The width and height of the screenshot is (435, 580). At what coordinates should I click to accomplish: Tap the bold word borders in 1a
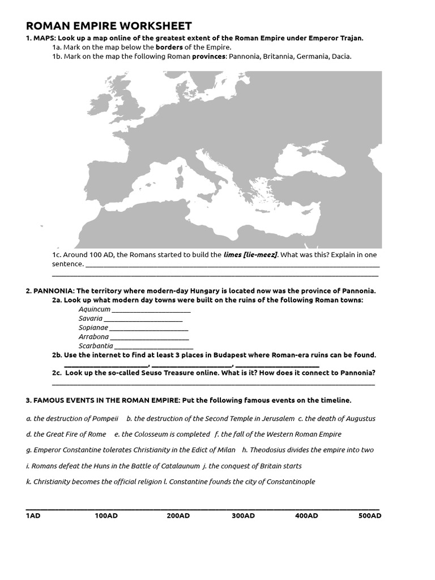click(169, 47)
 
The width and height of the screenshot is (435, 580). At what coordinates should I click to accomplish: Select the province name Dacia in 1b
click(341, 56)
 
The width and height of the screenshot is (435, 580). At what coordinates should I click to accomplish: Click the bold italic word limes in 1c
click(233, 255)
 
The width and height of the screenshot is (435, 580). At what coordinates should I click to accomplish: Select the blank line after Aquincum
click(151, 310)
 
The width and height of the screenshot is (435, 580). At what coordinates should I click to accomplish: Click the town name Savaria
click(91, 318)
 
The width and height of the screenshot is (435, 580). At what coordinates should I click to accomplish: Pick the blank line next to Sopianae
click(149, 328)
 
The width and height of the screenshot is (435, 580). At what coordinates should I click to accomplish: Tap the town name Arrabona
click(93, 336)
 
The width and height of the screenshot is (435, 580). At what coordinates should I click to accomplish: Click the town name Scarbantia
click(96, 346)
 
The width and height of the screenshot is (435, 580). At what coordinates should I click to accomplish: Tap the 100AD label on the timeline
click(106, 516)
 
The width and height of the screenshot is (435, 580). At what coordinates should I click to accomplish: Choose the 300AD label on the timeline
click(243, 516)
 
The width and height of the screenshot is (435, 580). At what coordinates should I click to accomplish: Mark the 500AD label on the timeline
click(370, 516)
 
